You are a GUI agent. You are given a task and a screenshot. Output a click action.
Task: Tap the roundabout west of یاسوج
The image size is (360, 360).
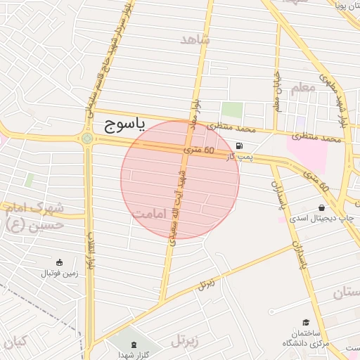(x=87, y=139)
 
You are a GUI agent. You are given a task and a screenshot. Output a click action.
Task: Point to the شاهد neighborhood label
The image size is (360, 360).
(x=195, y=39)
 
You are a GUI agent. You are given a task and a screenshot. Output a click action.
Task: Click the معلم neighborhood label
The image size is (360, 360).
(x=300, y=88)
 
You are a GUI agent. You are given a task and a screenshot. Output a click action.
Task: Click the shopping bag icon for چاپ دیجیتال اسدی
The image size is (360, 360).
(x=321, y=208)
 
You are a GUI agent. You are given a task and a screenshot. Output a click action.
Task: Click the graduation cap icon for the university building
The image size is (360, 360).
(x=307, y=321)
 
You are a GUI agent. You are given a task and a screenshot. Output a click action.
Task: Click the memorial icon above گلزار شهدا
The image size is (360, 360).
(x=134, y=344)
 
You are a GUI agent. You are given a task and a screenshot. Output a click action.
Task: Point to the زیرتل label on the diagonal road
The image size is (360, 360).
(x=206, y=284)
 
